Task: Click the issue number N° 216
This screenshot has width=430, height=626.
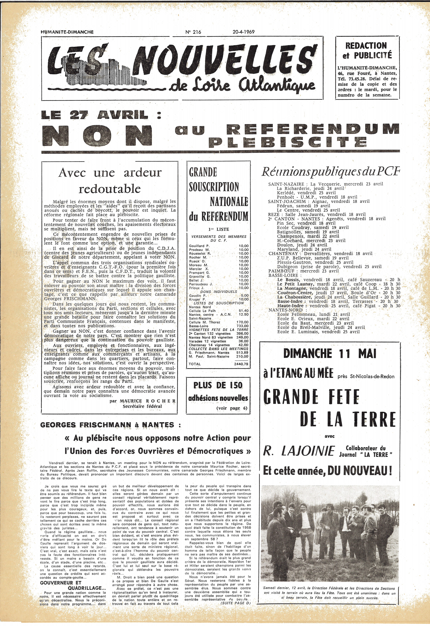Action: (x=193, y=32)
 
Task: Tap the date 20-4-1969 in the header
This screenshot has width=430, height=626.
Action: (x=244, y=32)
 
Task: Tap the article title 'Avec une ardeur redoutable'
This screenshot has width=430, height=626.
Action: (x=110, y=181)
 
